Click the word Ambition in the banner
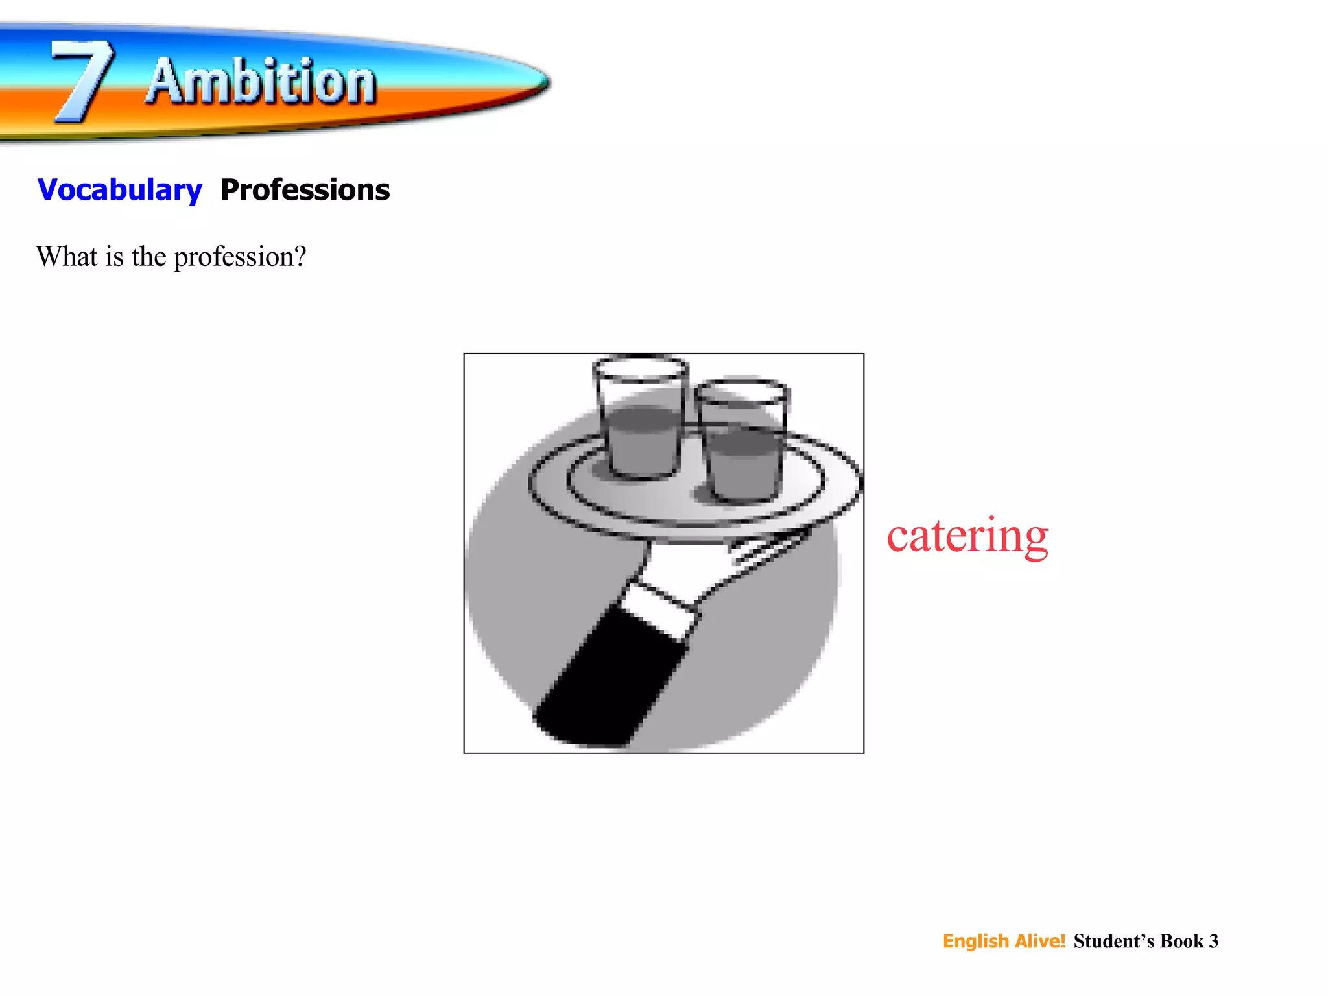[261, 82]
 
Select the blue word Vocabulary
[120, 190]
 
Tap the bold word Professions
[305, 190]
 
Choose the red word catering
[967, 536]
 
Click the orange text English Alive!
[1004, 941]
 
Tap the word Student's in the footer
[1113, 941]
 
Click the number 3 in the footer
[1213, 941]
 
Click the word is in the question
[114, 257]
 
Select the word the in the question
[148, 257]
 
